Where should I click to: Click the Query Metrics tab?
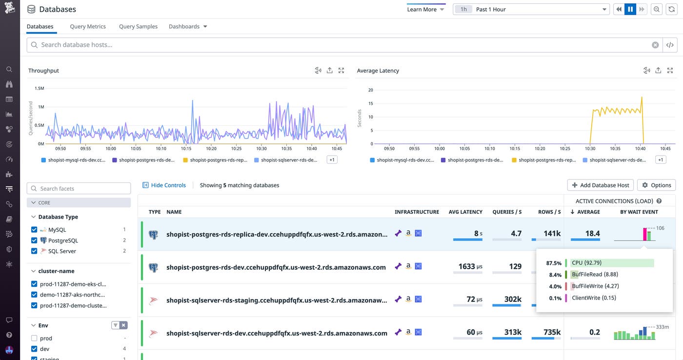click(x=88, y=26)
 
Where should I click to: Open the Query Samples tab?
click(x=138, y=26)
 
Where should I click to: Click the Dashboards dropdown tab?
click(x=188, y=26)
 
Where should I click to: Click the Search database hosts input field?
click(x=341, y=45)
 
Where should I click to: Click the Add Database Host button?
click(x=601, y=185)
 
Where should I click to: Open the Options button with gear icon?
click(x=656, y=185)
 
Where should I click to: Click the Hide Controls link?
click(x=164, y=185)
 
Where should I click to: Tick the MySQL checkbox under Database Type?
click(x=34, y=230)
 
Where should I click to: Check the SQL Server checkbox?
click(x=34, y=251)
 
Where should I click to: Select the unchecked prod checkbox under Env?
click(x=34, y=338)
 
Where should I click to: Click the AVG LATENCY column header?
click(x=465, y=212)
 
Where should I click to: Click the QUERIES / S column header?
click(x=507, y=212)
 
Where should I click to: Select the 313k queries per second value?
click(x=513, y=332)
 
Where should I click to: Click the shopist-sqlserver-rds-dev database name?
click(x=277, y=333)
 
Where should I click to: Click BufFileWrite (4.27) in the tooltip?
click(x=595, y=286)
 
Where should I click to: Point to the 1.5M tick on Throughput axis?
click(x=39, y=88)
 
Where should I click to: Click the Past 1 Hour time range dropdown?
click(x=531, y=9)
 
